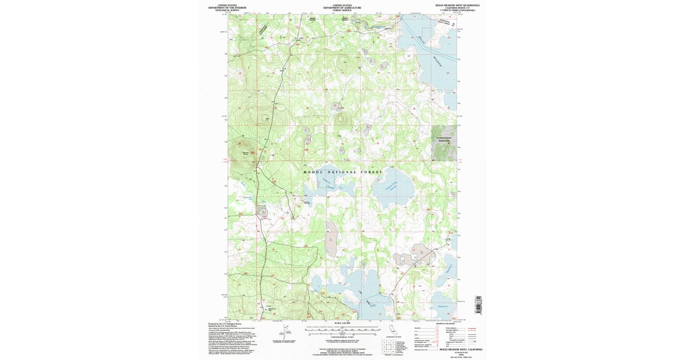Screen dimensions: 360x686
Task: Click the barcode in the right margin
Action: click(478, 305)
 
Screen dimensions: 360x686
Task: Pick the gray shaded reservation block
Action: click(444, 142)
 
